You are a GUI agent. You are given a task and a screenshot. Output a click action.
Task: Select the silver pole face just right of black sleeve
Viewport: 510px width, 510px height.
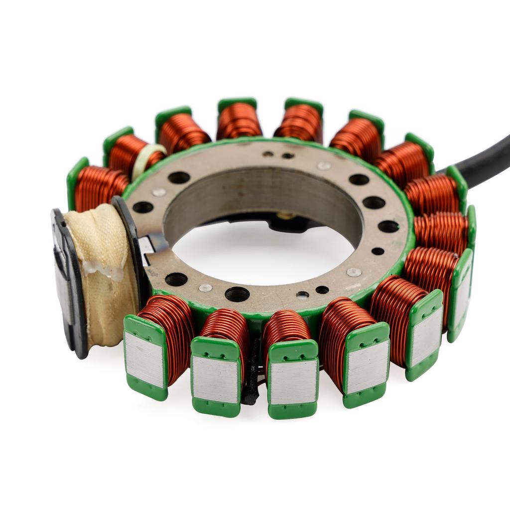tap(293, 382)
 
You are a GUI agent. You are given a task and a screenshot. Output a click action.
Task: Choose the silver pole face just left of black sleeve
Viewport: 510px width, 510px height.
tap(215, 379)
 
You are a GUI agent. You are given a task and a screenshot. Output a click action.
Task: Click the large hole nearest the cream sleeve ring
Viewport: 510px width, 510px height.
tap(179, 177)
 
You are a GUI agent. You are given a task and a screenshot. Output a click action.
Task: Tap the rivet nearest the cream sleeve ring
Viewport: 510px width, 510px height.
tap(159, 192)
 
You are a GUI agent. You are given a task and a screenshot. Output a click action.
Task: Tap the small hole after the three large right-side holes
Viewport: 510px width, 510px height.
tap(378, 251)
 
